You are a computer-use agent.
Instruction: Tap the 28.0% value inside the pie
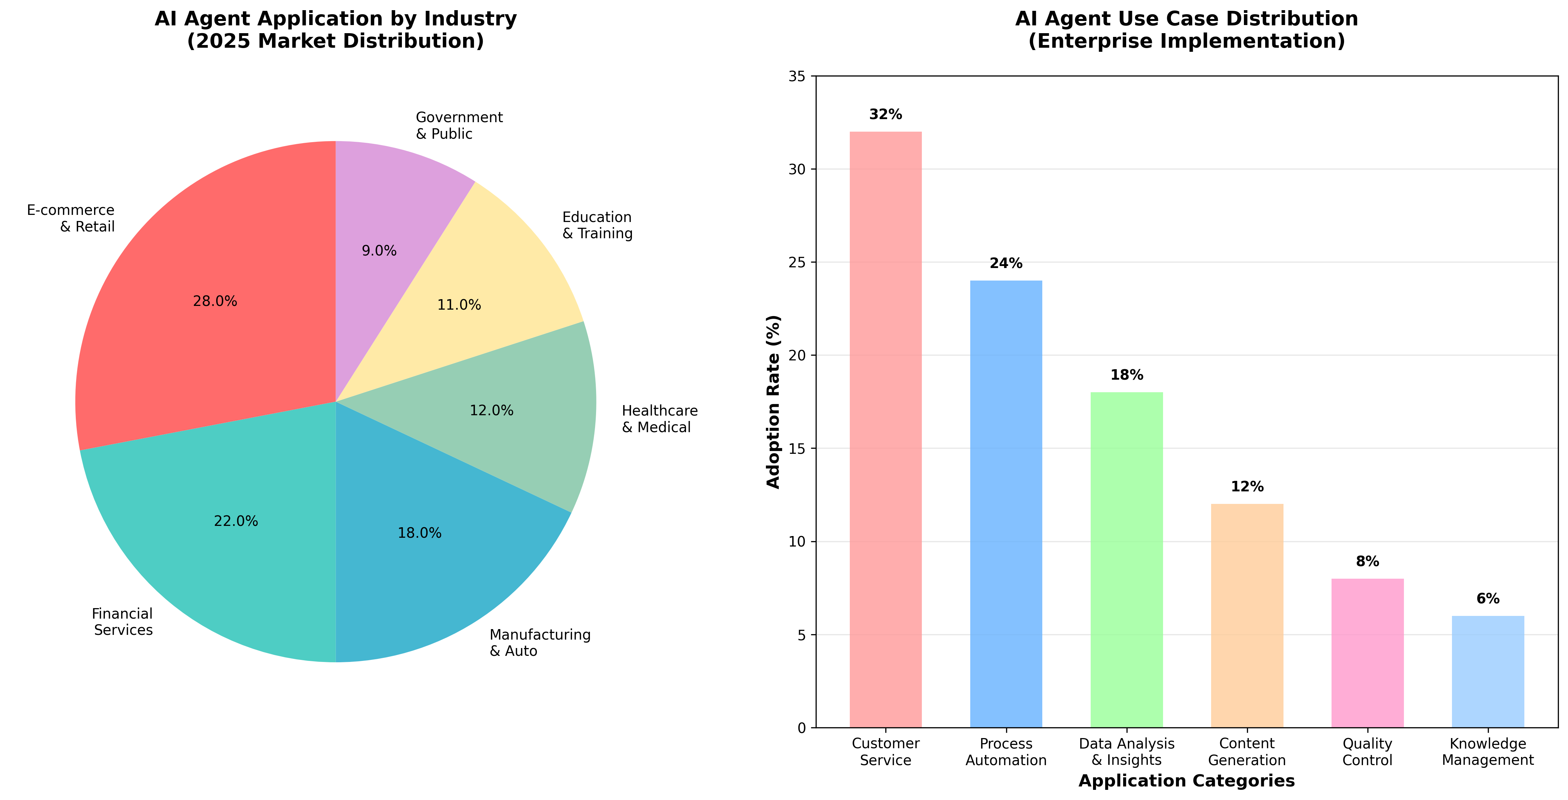pos(215,302)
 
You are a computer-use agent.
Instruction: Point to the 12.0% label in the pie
pos(491,410)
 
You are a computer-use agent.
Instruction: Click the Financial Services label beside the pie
pos(122,622)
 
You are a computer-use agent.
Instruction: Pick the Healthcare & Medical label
pos(659,419)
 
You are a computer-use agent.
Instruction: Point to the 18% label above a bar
pos(1127,375)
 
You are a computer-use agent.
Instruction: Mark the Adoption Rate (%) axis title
pos(773,402)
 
